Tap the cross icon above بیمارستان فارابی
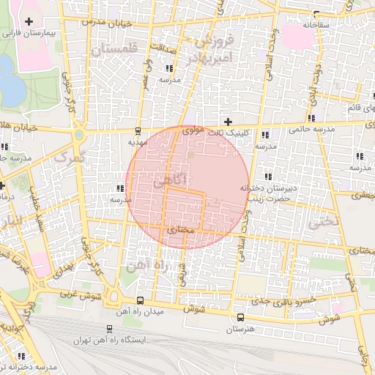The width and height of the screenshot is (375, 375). click(29, 22)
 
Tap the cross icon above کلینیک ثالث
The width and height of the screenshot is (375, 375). click(228, 121)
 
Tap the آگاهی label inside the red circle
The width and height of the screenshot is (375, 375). click(171, 180)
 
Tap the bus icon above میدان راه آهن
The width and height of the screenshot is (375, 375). click(140, 300)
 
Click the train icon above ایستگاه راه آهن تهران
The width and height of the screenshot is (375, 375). click(109, 329)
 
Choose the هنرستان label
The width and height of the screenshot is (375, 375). click(240, 330)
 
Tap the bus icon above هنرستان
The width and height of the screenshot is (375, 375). click(241, 317)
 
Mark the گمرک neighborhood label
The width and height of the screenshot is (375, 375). click(70, 155)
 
